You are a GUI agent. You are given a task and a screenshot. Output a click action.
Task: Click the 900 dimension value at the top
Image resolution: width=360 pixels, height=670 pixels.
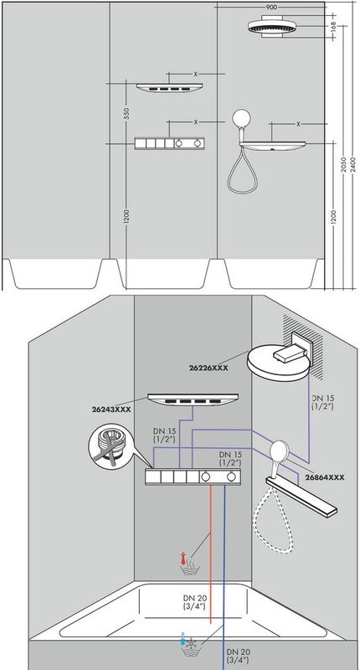point(270,6)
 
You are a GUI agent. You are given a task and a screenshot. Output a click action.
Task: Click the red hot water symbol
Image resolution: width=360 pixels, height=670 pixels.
point(194,566)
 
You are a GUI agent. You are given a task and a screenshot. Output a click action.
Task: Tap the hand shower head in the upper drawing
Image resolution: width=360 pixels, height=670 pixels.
point(242,119)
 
